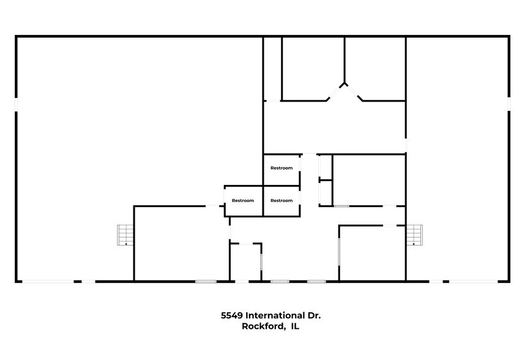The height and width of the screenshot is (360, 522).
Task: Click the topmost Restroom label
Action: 282,168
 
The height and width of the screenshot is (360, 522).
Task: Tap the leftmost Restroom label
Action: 243,200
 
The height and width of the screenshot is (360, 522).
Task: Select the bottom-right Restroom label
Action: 282,200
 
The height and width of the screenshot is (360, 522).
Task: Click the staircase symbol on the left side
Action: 125,235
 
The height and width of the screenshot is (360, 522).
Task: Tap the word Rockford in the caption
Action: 262,327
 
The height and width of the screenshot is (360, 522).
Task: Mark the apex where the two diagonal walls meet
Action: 345,83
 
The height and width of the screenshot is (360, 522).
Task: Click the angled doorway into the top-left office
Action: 334,92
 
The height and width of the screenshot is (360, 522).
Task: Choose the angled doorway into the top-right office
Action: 355,92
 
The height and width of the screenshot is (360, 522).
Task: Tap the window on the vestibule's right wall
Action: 262,263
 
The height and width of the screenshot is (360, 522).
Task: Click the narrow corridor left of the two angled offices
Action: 272,69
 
